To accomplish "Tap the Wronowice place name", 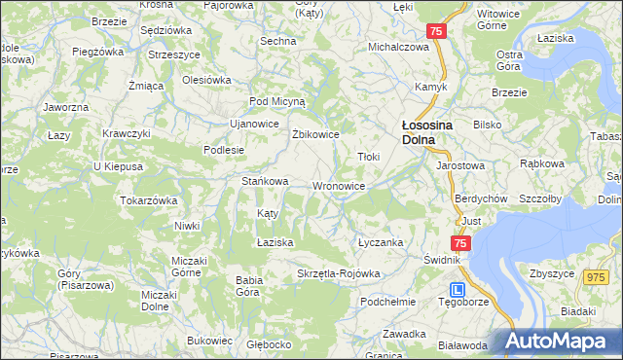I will coord(339,185).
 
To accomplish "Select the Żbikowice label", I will coord(314,134).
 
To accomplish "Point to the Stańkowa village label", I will coord(265,181).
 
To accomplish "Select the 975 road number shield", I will coord(596,278).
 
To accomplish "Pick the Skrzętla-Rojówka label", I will coord(338,273).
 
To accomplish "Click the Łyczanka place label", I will coord(380,242).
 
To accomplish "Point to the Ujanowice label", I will coord(253,125).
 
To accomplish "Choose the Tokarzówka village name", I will coord(148,199).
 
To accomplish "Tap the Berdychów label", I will coord(477,198).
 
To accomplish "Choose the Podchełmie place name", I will coord(387,302).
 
